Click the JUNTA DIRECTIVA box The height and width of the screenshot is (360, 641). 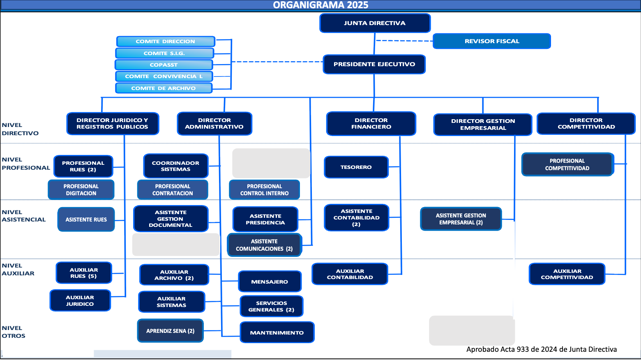tap(375, 23)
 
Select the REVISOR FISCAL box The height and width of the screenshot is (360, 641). tap(491, 41)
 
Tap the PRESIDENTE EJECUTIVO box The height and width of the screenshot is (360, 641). tap(374, 64)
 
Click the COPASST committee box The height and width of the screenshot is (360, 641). tap(164, 65)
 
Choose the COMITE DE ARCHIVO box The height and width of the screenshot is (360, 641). tap(164, 88)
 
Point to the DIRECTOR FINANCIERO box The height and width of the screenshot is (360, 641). tap(371, 124)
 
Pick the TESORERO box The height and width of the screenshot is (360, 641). tap(356, 167)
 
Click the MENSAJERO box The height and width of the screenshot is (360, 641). tap(270, 282)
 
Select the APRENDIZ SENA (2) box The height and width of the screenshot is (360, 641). tap(170, 331)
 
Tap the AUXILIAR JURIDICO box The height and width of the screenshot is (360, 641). tap(80, 301)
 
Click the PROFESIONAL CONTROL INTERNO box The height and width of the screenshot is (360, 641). tap(264, 190)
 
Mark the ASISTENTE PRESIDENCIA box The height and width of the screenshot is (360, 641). tap(265, 219)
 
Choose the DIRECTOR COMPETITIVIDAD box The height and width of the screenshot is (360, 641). tap(586, 124)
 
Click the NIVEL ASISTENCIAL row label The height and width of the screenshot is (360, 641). tap(23, 216)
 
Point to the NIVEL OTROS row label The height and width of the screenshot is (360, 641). tap(14, 332)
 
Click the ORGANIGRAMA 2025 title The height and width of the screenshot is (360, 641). tap(320, 5)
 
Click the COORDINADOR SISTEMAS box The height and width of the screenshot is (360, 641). tap(175, 166)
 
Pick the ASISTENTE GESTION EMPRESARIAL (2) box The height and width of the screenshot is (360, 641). tap(461, 219)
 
